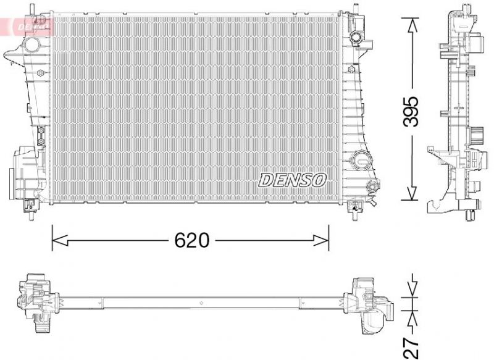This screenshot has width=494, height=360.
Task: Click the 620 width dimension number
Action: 191,240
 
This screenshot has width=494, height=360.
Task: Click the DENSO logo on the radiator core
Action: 292,180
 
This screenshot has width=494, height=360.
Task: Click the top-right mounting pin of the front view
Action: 355,9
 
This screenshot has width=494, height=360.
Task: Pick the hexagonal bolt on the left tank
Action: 41,74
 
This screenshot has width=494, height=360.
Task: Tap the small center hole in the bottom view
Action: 202,303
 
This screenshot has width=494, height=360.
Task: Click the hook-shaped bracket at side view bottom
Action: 436,204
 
